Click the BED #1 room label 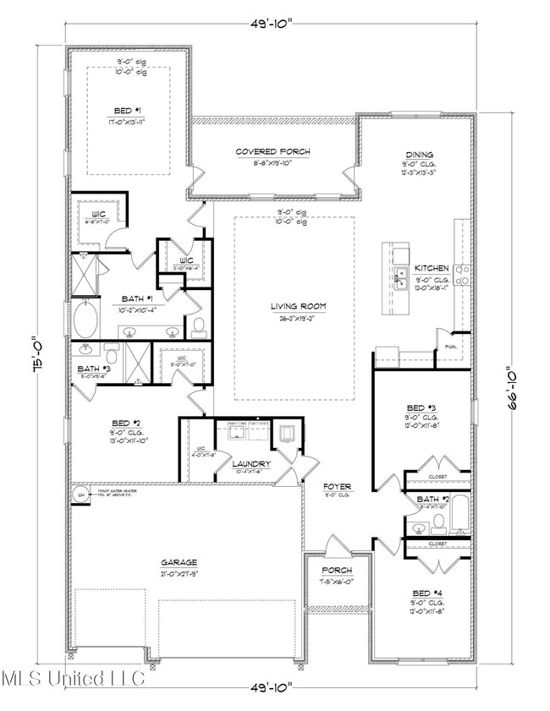tap(129, 110)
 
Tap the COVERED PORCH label tap(272, 152)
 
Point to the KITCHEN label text tap(431, 268)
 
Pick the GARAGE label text tap(180, 561)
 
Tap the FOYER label tap(337, 488)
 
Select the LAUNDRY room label tap(253, 464)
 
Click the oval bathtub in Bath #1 tap(85, 321)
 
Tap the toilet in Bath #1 tap(199, 325)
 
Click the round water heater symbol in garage tap(82, 495)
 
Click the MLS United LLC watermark tap(73, 678)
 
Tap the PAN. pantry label tap(447, 345)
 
